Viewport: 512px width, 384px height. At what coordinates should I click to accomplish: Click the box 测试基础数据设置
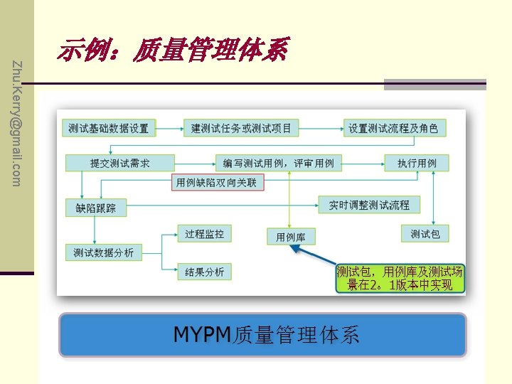click(109, 129)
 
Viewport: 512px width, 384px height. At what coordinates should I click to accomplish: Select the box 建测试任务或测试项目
click(241, 129)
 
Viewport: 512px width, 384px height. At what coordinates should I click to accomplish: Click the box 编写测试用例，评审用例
click(278, 164)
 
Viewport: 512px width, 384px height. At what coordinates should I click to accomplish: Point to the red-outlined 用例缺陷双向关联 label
click(219, 183)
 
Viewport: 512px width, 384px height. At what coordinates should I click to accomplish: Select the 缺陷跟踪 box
click(95, 208)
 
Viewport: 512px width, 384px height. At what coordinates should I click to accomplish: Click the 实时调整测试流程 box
click(369, 205)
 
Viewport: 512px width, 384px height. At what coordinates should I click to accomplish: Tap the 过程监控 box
click(204, 233)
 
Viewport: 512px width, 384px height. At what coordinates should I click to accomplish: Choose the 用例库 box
click(291, 237)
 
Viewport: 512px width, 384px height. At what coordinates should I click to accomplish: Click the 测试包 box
click(425, 233)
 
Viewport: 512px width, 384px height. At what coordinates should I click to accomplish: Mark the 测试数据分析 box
click(104, 252)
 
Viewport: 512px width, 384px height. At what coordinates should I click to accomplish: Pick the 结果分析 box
click(204, 272)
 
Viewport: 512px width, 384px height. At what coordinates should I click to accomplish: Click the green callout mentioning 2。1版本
click(400, 279)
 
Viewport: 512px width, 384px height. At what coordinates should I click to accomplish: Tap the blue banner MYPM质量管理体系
click(263, 335)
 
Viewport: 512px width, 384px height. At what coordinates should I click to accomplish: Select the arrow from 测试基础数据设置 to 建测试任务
click(169, 129)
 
